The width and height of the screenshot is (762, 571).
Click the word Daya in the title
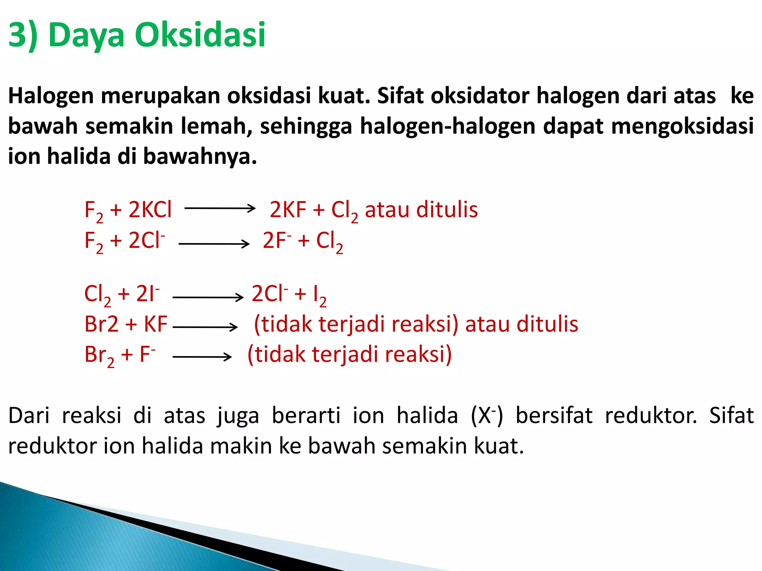click(x=86, y=35)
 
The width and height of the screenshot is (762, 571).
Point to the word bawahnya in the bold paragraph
click(x=200, y=157)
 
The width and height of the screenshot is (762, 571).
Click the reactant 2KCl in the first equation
click(x=150, y=210)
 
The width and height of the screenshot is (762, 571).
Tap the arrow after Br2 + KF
click(x=205, y=327)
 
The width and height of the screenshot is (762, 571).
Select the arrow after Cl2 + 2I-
click(x=208, y=297)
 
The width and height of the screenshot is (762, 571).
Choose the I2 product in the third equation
click(x=320, y=295)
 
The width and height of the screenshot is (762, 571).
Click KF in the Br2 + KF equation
click(x=156, y=324)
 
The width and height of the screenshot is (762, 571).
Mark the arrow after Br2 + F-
click(x=202, y=357)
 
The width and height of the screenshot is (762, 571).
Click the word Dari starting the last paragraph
click(x=29, y=416)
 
